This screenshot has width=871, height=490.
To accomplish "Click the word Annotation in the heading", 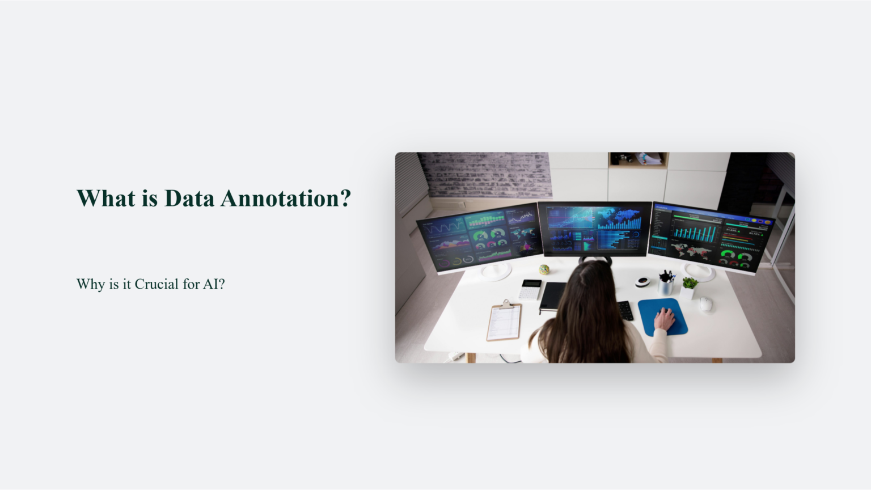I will [286, 198].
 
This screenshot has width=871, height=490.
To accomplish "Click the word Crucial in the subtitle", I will [157, 284].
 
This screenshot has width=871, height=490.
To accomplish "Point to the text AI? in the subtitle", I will [214, 284].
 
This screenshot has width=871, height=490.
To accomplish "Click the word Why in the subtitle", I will [90, 284].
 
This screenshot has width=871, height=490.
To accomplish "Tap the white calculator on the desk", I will [530, 289].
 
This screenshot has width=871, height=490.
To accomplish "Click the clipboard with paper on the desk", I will [504, 323].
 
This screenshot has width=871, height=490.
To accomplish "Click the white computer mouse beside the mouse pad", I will [705, 304].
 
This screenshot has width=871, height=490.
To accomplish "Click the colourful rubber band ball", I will [544, 269].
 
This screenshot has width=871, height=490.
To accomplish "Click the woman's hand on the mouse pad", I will [665, 320].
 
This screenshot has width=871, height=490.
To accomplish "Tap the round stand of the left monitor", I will [496, 272].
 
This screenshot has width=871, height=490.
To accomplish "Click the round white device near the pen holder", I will [642, 281].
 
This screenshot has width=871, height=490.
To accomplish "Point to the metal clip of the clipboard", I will [505, 305].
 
